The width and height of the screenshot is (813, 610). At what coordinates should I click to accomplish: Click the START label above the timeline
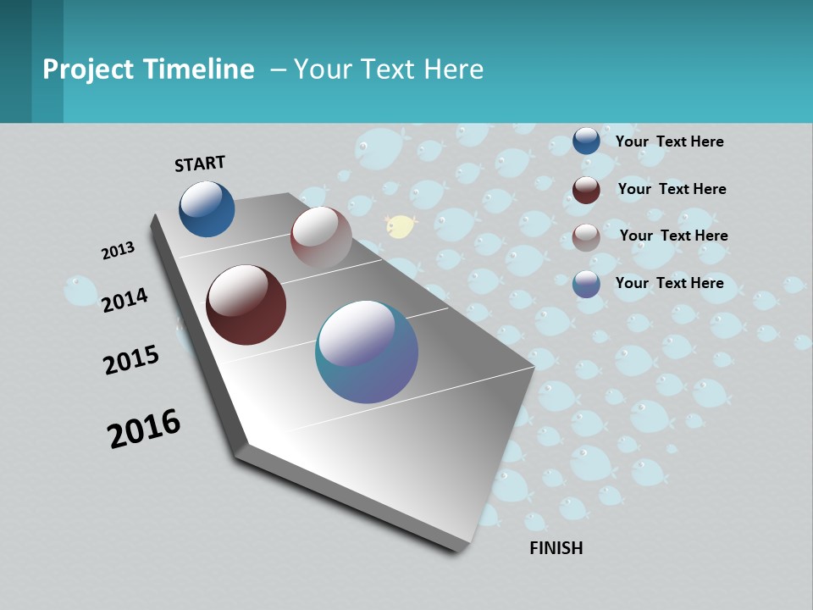pyautogui.click(x=200, y=164)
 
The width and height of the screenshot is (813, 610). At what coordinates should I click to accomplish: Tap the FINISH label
pyautogui.click(x=556, y=548)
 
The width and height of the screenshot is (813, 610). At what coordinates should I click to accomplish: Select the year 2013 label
pyautogui.click(x=118, y=251)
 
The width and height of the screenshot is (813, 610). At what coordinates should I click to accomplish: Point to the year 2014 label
pyautogui.click(x=124, y=300)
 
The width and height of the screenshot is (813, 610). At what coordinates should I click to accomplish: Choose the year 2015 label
pyautogui.click(x=130, y=360)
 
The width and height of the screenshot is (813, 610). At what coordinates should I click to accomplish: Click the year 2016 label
pyautogui.click(x=144, y=429)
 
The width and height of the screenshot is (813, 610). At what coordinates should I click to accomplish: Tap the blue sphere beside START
pyautogui.click(x=207, y=209)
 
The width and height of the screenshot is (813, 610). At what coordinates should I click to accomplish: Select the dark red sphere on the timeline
pyautogui.click(x=246, y=305)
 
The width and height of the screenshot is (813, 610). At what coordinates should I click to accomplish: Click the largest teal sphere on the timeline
pyautogui.click(x=367, y=352)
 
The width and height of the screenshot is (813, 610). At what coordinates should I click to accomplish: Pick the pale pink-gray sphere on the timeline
pyautogui.click(x=321, y=237)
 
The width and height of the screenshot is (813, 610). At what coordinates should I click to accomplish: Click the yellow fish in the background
pyautogui.click(x=401, y=226)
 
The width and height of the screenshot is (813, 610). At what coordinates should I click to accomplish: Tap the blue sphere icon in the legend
pyautogui.click(x=586, y=141)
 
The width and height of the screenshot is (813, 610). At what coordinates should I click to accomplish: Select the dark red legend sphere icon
pyautogui.click(x=586, y=190)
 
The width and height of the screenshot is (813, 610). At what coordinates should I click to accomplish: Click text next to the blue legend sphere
pyautogui.click(x=669, y=141)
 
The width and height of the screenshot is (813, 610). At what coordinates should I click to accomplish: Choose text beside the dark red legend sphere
pyautogui.click(x=672, y=189)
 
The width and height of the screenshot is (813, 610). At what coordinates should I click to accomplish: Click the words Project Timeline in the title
pyautogui.click(x=148, y=69)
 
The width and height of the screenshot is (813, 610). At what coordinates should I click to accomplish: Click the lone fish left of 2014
pyautogui.click(x=81, y=290)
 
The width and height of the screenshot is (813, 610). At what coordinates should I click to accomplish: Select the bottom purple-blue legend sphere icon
pyautogui.click(x=586, y=284)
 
